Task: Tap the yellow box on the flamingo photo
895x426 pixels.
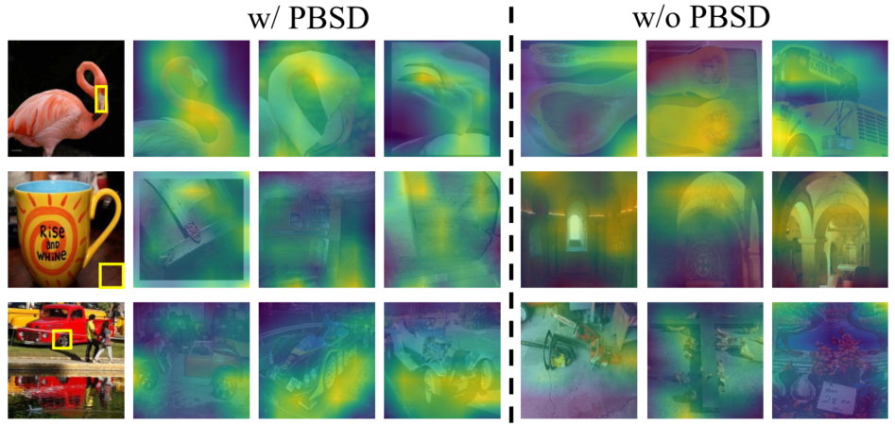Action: click(102, 99)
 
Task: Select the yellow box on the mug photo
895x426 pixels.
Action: click(112, 275)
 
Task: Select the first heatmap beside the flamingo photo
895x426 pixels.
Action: click(190, 98)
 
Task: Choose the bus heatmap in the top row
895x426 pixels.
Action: click(829, 98)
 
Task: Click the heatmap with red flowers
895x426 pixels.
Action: click(829, 360)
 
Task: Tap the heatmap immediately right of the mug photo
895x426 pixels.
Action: click(190, 229)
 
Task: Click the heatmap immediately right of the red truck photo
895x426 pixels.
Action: click(190, 360)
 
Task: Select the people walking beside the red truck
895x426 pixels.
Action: click(98, 340)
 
